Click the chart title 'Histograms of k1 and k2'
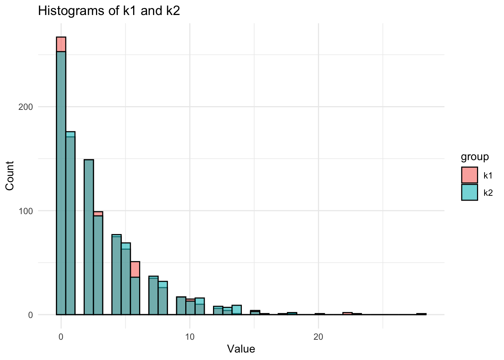109,11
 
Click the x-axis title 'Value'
241,349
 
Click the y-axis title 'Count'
10,175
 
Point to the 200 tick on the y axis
26,107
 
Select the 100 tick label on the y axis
26,211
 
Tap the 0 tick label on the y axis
30,315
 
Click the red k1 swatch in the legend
469,175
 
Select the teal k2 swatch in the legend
469,192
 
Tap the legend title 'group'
475,157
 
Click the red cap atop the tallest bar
61,44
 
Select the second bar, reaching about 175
70,225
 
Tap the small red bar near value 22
348,313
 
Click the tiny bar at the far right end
421,314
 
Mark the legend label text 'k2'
488,193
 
